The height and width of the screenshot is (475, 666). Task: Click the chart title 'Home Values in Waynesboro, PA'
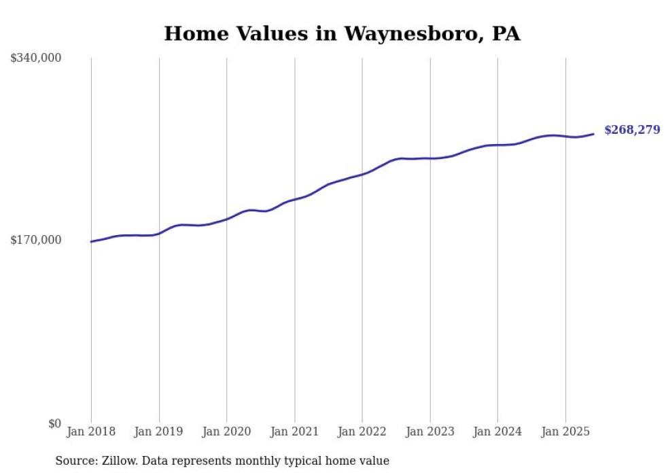point(342,33)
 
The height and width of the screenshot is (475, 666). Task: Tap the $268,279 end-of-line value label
point(632,130)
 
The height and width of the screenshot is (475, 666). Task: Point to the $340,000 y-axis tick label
point(36,58)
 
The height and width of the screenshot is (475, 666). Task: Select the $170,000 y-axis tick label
point(36,240)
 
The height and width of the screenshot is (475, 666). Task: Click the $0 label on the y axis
point(54,424)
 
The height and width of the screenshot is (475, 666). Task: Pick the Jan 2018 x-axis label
point(91,432)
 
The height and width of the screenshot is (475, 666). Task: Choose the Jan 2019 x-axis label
point(159,432)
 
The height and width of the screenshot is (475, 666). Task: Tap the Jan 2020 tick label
point(227,432)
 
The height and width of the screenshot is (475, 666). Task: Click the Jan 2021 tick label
point(294,432)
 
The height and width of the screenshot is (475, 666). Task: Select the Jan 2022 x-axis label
point(362,432)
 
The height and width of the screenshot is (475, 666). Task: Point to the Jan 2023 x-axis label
point(430,432)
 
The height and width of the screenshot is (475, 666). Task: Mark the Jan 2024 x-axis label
point(497,432)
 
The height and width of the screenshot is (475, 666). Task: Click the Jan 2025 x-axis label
point(565,432)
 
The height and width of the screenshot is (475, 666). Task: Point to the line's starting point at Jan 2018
point(92,241)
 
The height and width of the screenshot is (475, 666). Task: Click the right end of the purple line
point(593,134)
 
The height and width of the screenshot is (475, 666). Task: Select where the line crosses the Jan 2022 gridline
point(362,174)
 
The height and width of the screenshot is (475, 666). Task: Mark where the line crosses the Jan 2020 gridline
point(227,219)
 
